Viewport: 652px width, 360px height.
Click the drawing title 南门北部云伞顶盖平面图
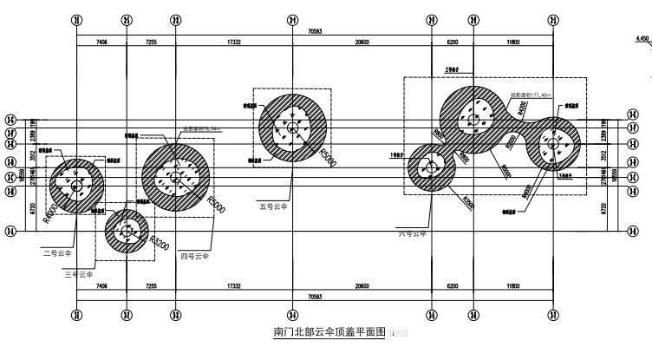click(x=329, y=332)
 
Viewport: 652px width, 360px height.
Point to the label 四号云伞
click(x=195, y=256)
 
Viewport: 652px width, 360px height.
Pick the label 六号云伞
click(x=414, y=233)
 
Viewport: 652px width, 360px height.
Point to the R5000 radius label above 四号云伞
click(x=217, y=206)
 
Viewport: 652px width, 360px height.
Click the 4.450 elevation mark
click(x=642, y=39)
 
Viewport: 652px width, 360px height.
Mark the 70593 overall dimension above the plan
click(x=315, y=32)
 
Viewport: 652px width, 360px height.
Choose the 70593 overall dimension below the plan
click(x=315, y=296)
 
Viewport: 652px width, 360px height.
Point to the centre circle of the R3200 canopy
click(x=127, y=230)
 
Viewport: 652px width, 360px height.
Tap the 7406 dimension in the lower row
click(x=101, y=285)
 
